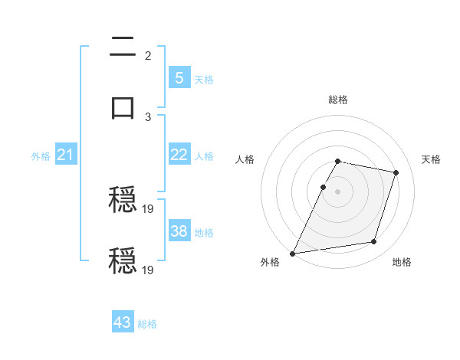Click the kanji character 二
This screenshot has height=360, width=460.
pyautogui.click(x=123, y=48)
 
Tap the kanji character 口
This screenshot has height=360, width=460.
pyautogui.click(x=123, y=106)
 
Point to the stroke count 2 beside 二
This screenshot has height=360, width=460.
pyautogui.click(x=148, y=55)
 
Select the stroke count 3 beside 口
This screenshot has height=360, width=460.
pyautogui.click(x=148, y=116)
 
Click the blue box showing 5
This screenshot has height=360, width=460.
pyautogui.click(x=179, y=77)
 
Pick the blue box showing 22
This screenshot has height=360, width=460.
pyautogui.click(x=179, y=155)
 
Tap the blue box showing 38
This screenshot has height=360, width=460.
pyautogui.click(x=179, y=231)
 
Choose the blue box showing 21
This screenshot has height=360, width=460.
pyautogui.click(x=66, y=155)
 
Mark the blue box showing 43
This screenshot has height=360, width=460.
pyautogui.click(x=123, y=322)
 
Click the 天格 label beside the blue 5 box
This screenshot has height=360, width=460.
pyautogui.click(x=204, y=80)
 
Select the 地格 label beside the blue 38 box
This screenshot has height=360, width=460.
pyautogui.click(x=204, y=233)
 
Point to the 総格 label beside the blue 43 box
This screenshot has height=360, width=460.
pyautogui.click(x=147, y=324)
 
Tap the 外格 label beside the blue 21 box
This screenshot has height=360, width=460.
pyautogui.click(x=41, y=156)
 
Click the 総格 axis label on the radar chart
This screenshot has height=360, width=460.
pyautogui.click(x=338, y=100)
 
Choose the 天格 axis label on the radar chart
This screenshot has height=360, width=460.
pyautogui.click(x=432, y=159)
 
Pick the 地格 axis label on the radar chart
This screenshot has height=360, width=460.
pyautogui.click(x=402, y=262)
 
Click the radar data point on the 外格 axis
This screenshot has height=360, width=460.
pyautogui.click(x=292, y=254)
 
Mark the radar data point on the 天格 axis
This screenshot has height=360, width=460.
pyautogui.click(x=396, y=172)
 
